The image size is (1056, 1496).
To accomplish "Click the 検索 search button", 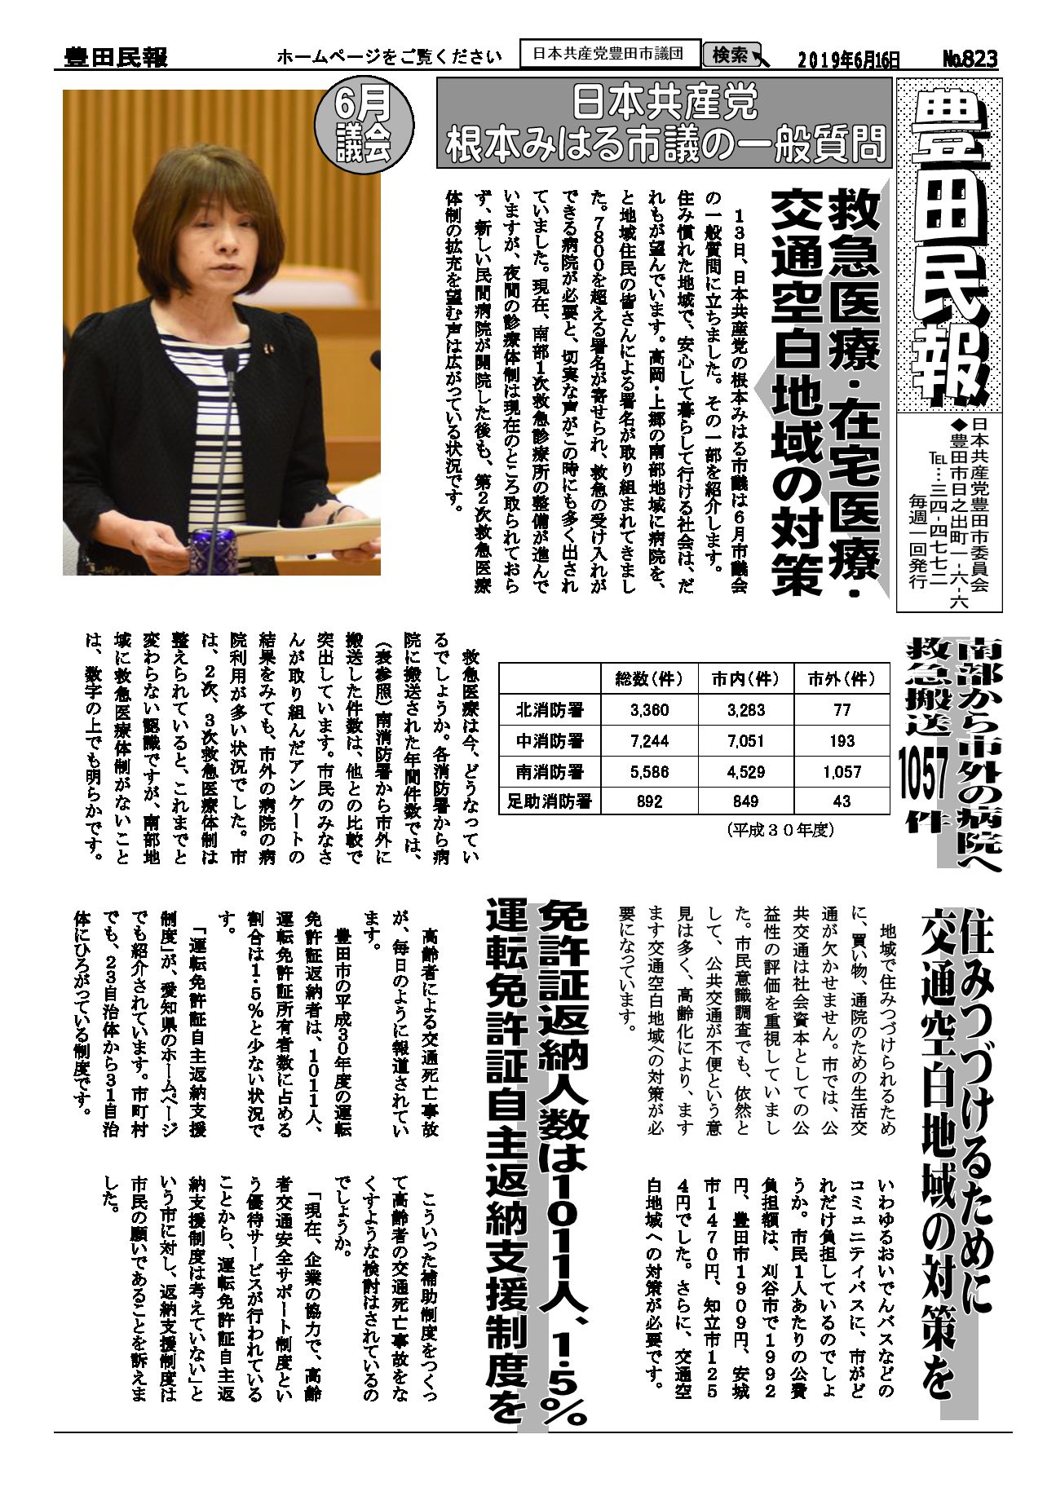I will click(x=731, y=55).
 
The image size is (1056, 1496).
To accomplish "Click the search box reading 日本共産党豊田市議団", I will click(x=610, y=55).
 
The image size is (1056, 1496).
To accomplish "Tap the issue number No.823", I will click(x=970, y=59).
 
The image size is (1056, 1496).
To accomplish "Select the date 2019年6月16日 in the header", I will click(x=850, y=60).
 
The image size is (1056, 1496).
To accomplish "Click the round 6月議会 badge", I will click(x=363, y=128).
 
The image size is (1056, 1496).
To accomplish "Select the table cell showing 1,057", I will click(x=842, y=771).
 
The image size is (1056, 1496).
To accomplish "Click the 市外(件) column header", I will click(x=842, y=678).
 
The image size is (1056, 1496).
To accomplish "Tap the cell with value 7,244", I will click(x=649, y=741).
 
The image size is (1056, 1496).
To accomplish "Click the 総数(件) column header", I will click(x=649, y=678).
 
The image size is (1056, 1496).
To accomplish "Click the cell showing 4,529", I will click(x=745, y=771).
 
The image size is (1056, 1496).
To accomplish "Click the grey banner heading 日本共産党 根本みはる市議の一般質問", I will click(x=665, y=124).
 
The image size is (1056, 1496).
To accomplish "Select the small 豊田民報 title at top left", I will click(x=115, y=58).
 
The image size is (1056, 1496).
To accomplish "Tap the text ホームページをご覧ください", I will click(x=389, y=57).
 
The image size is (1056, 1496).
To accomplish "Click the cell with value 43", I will click(x=842, y=801).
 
